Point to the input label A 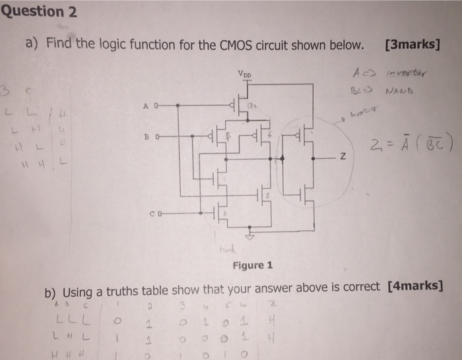pyautogui.click(x=145, y=105)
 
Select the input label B pyautogui.click(x=145, y=138)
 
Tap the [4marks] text pyautogui.click(x=416, y=286)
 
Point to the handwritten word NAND pyautogui.click(x=397, y=92)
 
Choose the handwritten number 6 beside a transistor pyautogui.click(x=270, y=133)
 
